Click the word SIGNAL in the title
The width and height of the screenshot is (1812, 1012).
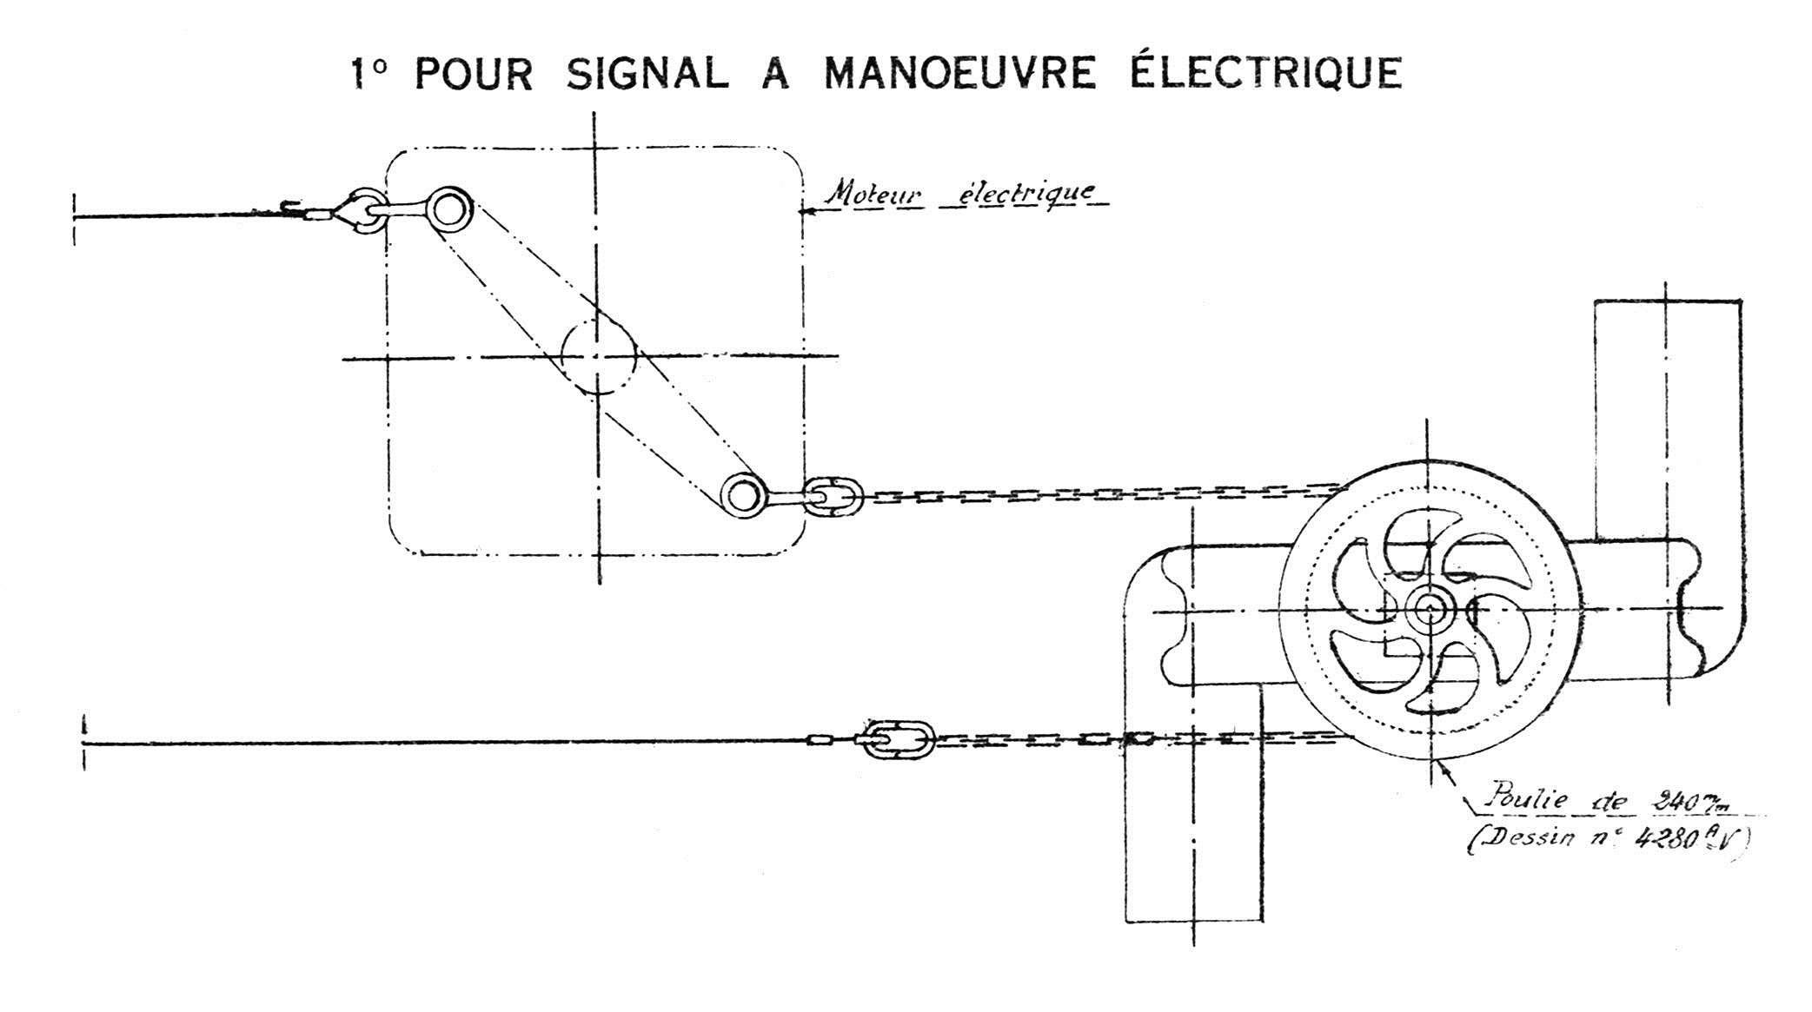pyautogui.click(x=647, y=73)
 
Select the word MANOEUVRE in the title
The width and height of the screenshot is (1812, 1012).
pyautogui.click(x=959, y=73)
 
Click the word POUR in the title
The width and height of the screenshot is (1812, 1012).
pyautogui.click(x=474, y=74)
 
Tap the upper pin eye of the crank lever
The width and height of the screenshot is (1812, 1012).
pyautogui.click(x=448, y=209)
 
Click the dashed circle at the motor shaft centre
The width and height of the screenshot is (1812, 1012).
pyautogui.click(x=598, y=355)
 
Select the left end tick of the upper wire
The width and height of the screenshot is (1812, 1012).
pyautogui.click(x=75, y=216)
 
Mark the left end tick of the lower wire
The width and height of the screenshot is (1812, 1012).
pyautogui.click(x=84, y=743)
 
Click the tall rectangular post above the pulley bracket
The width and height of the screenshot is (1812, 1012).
pyautogui.click(x=1667, y=417)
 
